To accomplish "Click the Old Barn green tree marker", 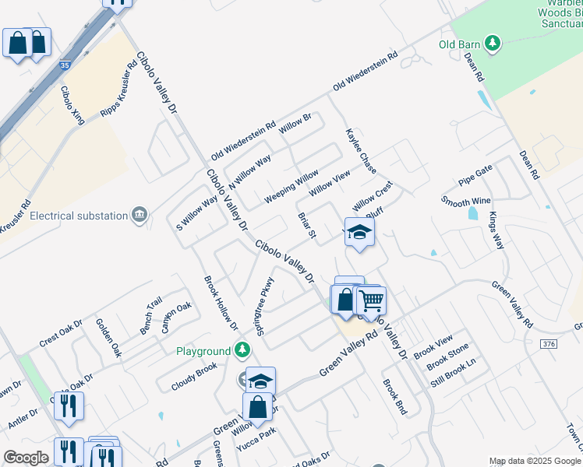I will pos(492,44).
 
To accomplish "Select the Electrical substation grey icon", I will pos(140,214).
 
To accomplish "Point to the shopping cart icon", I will pos(372,300).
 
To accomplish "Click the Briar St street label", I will pos(306,223).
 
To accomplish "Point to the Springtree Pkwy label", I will pos(266,304).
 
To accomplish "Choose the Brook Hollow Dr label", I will pos(220,300).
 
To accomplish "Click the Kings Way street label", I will pos(496,230).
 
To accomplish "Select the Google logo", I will pos(26,458).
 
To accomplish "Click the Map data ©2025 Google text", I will pos(534,461).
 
